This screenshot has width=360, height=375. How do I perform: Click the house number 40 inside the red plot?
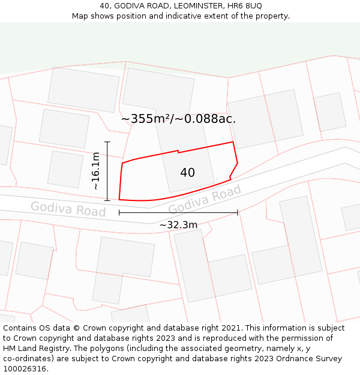click(187, 173)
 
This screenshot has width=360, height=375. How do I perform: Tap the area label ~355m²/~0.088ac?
click(178, 119)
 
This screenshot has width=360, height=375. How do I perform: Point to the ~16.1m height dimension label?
click(96, 171)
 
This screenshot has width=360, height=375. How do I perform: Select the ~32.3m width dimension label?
click(178, 225)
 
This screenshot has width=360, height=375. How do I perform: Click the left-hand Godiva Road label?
click(68, 209)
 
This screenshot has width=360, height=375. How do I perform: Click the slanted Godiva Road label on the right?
click(205, 200)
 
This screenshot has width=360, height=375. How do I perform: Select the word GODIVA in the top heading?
click(131, 6)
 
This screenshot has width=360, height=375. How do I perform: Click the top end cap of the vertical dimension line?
click(107, 142)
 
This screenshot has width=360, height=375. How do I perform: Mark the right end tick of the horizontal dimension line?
click(238, 212)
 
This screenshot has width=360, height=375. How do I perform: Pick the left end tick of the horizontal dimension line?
click(119, 212)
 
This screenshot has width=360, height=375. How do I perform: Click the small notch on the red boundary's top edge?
click(178, 152)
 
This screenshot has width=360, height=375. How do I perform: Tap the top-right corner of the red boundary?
click(233, 142)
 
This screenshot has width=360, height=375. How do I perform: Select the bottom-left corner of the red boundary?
click(119, 199)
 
